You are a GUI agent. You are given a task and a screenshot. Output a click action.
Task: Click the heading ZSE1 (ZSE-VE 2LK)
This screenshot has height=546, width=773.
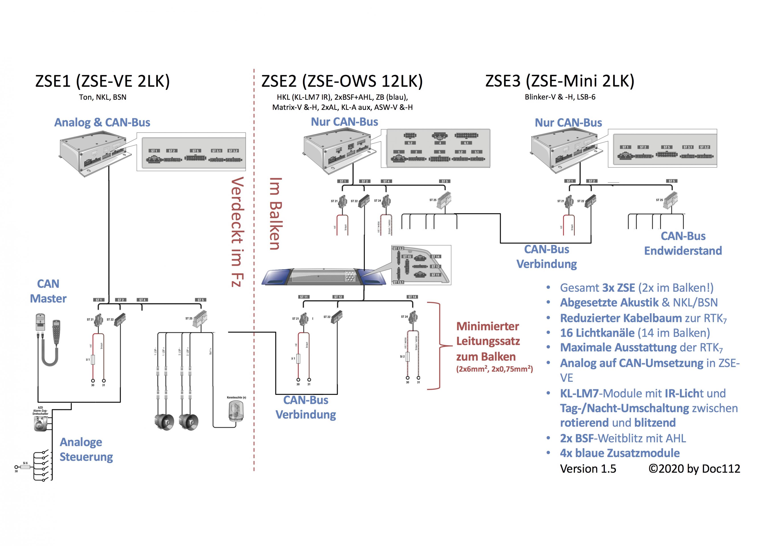coord(102,81)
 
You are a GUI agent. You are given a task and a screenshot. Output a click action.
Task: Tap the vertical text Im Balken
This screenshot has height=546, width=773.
coord(275,214)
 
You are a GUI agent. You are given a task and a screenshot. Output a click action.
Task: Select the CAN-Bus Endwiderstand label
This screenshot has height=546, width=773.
coord(683,243)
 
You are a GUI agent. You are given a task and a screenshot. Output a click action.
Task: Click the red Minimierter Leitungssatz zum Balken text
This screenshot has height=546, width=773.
coord(488,341)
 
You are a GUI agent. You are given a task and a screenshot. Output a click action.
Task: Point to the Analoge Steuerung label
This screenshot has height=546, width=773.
coord(86,449)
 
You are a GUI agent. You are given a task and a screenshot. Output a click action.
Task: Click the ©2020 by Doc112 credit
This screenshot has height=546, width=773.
coord(694,469)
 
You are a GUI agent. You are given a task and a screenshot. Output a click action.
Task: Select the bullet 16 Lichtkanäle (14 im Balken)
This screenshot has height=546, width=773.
coord(635,333)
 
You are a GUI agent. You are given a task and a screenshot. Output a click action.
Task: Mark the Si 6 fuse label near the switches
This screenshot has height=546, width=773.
coord(25,463)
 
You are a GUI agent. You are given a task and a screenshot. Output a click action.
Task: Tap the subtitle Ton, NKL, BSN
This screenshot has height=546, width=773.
coord(103,97)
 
